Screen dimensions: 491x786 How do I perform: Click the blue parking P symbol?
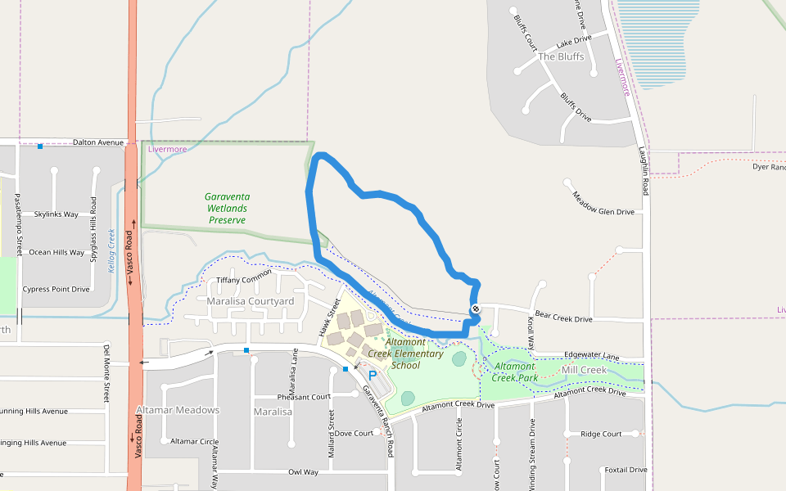pyautogui.click(x=373, y=376)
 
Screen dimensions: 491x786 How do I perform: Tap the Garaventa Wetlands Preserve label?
pyautogui.click(x=228, y=208)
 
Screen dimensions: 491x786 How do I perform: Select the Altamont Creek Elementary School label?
pyautogui.click(x=405, y=354)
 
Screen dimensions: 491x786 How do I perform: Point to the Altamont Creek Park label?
pyautogui.click(x=515, y=372)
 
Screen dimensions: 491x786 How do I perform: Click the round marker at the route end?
pyautogui.click(x=476, y=309)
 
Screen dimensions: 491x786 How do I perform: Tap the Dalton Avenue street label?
pyautogui.click(x=98, y=142)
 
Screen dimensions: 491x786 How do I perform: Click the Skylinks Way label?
pyautogui.click(x=56, y=214)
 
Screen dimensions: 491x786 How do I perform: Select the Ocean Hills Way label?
pyautogui.click(x=56, y=252)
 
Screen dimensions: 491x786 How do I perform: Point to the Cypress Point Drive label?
pyautogui.click(x=56, y=289)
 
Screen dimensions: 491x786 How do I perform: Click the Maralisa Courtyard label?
pyautogui.click(x=250, y=302)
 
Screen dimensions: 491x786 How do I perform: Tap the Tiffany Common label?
pyautogui.click(x=244, y=281)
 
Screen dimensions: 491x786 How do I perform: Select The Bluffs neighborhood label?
pyautogui.click(x=562, y=56)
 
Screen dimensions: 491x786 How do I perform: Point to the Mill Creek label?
pyautogui.click(x=584, y=371)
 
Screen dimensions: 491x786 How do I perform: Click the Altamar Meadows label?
pyautogui.click(x=178, y=410)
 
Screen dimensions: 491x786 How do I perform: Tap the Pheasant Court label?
pyautogui.click(x=304, y=397)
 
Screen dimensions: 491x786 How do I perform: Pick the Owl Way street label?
pyautogui.click(x=303, y=472)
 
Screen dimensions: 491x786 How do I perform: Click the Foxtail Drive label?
pyautogui.click(x=625, y=470)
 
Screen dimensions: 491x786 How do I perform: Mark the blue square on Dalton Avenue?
pyautogui.click(x=40, y=146)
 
